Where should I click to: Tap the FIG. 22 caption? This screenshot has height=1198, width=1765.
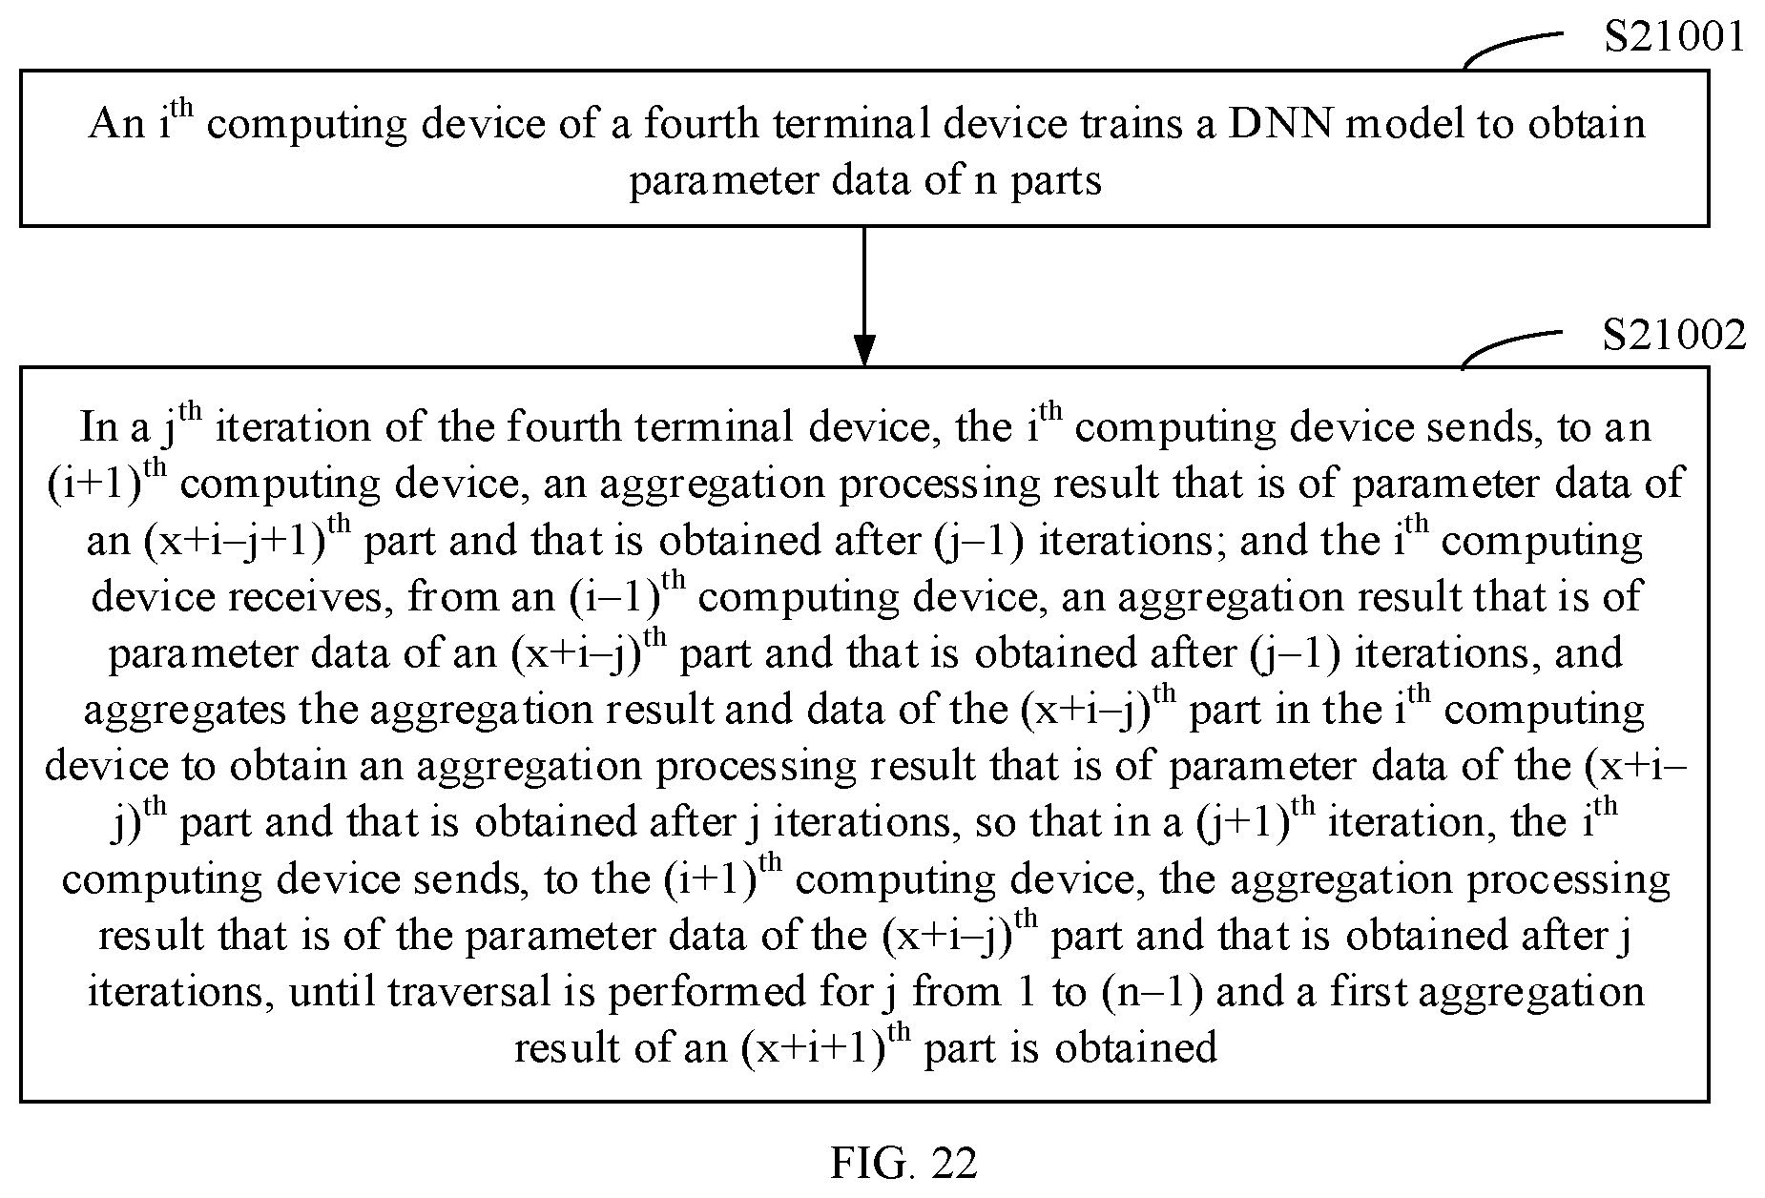click(903, 1164)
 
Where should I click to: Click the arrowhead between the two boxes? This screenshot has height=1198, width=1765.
click(863, 350)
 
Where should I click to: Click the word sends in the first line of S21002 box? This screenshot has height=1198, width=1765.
click(1485, 426)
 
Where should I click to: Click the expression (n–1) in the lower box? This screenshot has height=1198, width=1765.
click(1152, 993)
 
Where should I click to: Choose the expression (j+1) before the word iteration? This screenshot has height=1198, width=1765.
click(1241, 823)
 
